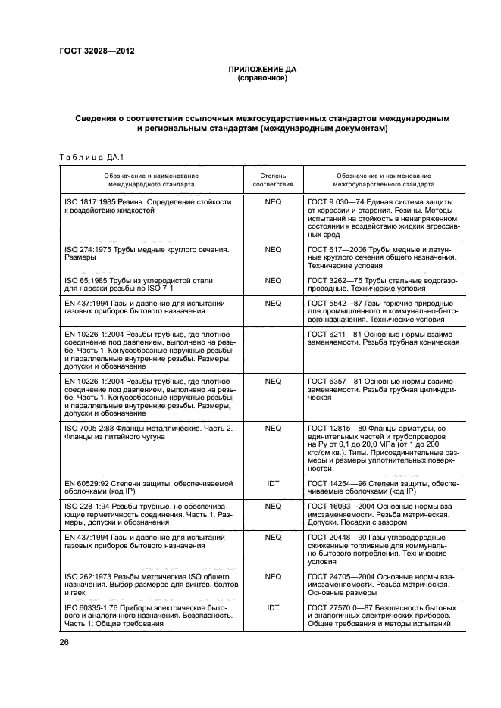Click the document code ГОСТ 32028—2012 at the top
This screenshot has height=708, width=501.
click(x=97, y=51)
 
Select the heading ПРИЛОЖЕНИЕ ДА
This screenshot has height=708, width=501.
click(x=261, y=69)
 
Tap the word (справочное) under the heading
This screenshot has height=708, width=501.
click(x=261, y=78)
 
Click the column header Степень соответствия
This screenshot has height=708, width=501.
click(x=272, y=179)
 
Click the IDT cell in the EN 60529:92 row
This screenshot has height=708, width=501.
click(x=272, y=482)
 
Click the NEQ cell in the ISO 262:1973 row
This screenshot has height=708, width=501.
click(x=272, y=576)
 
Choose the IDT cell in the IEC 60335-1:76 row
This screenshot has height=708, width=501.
click(x=272, y=607)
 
